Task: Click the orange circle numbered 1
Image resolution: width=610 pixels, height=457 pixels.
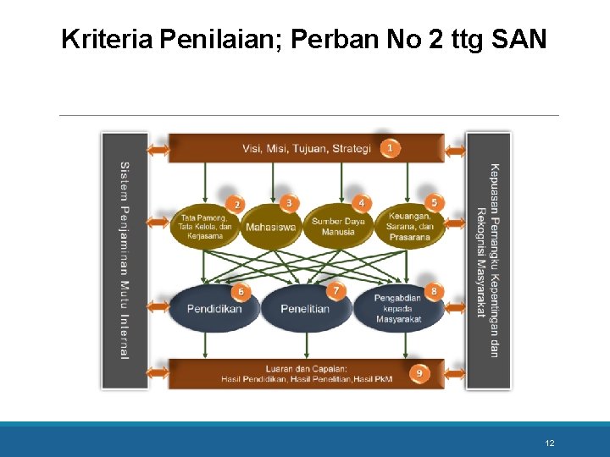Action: (x=389, y=148)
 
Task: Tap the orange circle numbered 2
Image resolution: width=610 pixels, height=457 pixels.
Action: (x=237, y=205)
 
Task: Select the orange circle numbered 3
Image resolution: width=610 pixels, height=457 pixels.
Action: (x=290, y=203)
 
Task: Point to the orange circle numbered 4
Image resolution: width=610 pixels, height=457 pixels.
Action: (x=362, y=203)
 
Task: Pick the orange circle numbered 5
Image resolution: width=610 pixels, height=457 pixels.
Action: (x=435, y=203)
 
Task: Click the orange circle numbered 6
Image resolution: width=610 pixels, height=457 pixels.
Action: (x=241, y=292)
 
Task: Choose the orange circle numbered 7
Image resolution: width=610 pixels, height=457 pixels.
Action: (x=336, y=291)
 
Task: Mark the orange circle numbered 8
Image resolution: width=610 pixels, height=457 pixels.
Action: (x=435, y=291)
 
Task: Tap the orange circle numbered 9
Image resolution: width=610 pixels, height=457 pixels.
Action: (x=420, y=372)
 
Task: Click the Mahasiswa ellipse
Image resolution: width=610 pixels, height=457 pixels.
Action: (x=271, y=227)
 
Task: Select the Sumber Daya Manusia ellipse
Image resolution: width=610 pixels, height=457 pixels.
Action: (x=338, y=227)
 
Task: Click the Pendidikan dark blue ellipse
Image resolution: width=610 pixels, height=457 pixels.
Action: (x=215, y=309)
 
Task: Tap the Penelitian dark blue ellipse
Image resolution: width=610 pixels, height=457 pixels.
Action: (x=305, y=309)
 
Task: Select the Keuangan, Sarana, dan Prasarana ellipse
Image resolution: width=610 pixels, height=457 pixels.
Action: (x=410, y=227)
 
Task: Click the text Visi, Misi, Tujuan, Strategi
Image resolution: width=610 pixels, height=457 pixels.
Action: (x=307, y=149)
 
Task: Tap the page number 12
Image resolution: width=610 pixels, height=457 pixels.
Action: (x=550, y=443)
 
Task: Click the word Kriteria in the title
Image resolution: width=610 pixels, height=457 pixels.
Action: (x=107, y=39)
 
